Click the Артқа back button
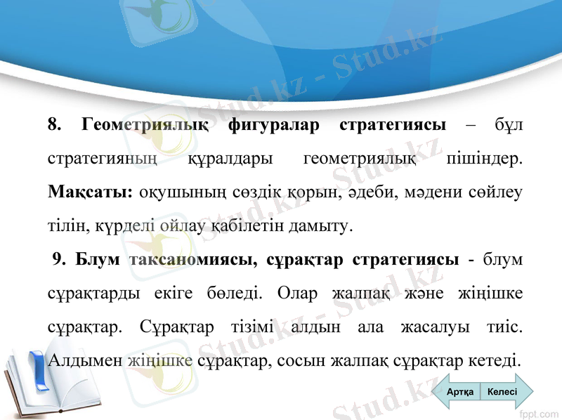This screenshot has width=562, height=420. [460, 392]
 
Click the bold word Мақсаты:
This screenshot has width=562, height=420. [91, 192]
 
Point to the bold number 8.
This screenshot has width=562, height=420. [53, 125]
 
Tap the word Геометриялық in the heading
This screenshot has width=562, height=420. [145, 125]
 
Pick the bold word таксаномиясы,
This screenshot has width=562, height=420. [194, 260]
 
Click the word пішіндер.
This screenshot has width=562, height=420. [485, 159]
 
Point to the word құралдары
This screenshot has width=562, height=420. [231, 159]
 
